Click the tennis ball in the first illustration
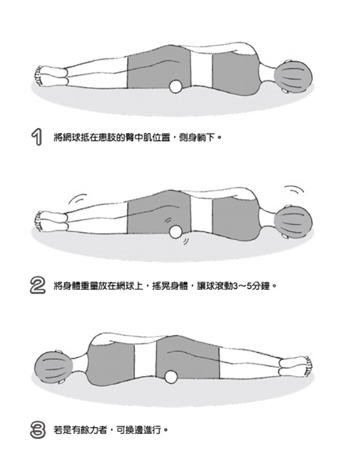pos(176,86)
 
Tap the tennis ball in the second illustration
pos(176,231)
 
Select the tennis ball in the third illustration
pos(172,377)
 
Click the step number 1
pos(37,137)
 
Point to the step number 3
pos(38,430)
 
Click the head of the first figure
pos(293,76)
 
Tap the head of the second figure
pos(293,221)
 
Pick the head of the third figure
pos(53,367)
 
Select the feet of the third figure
pos(295,366)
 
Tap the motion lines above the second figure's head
pos(294,190)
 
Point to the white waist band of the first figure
pos(202,69)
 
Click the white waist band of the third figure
pos(145,359)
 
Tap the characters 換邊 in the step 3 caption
pos(134,431)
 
